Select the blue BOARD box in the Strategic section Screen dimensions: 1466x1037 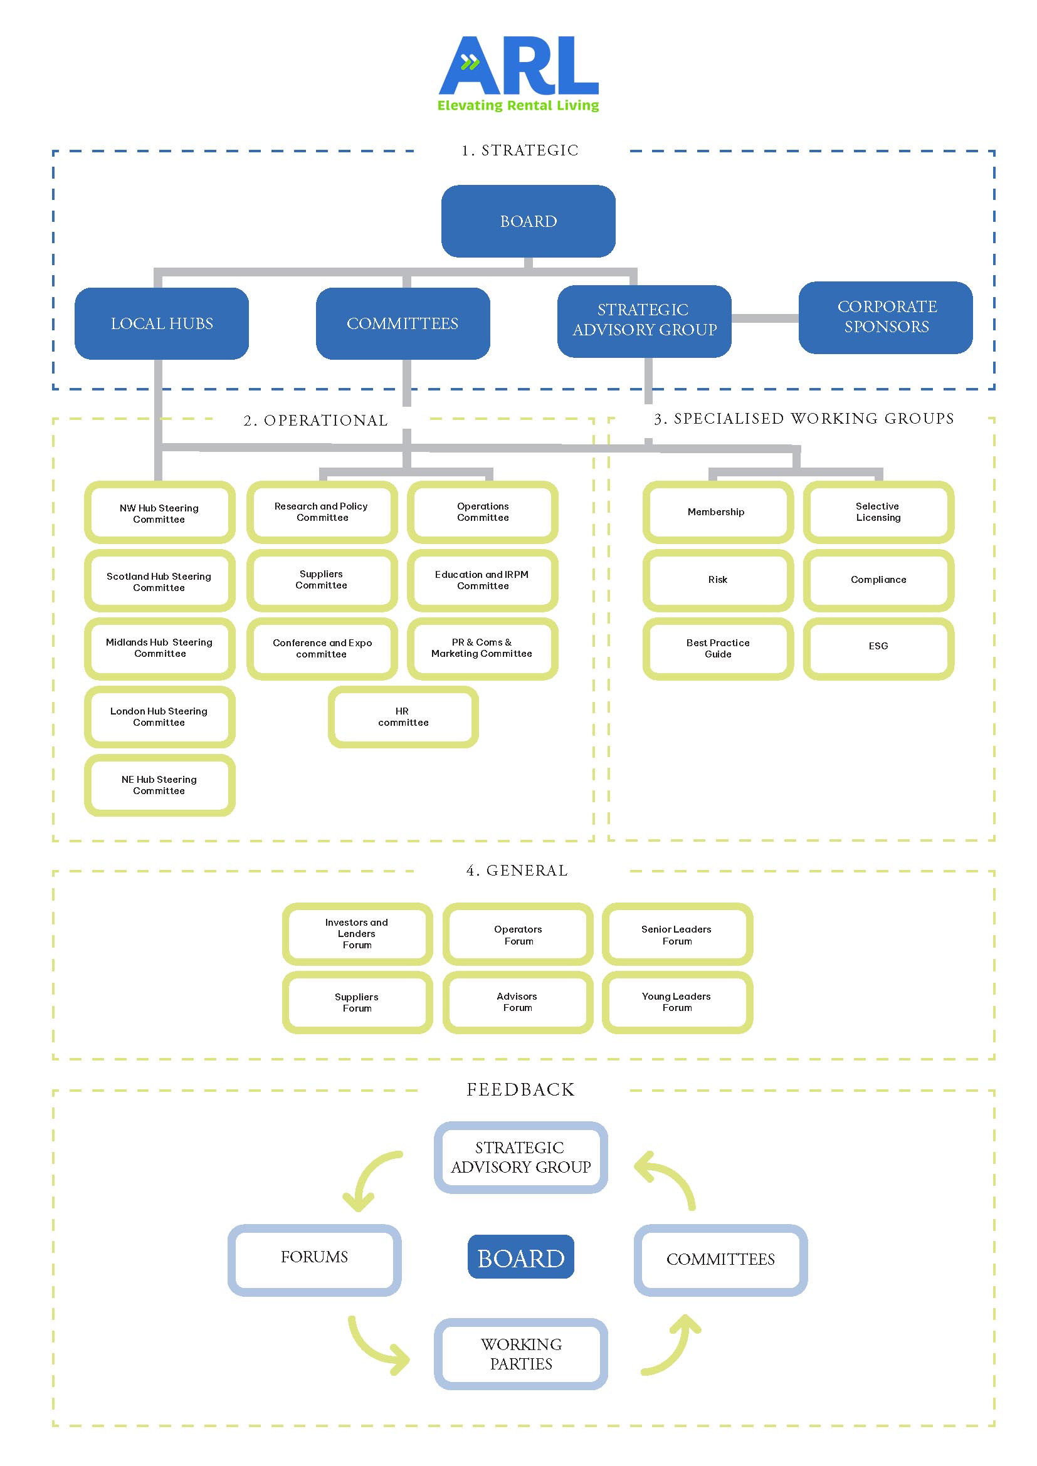coord(528,221)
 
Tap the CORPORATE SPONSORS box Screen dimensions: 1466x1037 coord(886,317)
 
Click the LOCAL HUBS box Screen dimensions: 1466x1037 coord(162,323)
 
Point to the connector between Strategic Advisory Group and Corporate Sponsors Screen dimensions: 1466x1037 coord(764,318)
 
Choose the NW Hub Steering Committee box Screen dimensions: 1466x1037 coord(160,513)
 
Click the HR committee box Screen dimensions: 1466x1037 coord(403,716)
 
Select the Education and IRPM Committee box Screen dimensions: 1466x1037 coord(483,580)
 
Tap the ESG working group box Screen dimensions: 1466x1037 coord(878,646)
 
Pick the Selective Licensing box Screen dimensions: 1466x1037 coord(878,512)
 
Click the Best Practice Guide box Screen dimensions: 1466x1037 coord(718,648)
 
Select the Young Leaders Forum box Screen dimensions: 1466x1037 coord(677,1002)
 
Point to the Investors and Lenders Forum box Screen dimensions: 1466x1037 coord(357,933)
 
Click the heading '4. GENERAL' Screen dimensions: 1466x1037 coord(517,871)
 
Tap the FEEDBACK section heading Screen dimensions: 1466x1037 coord(520,1090)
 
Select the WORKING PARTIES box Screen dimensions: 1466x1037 coord(520,1354)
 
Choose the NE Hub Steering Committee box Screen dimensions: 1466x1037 coord(160,785)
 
